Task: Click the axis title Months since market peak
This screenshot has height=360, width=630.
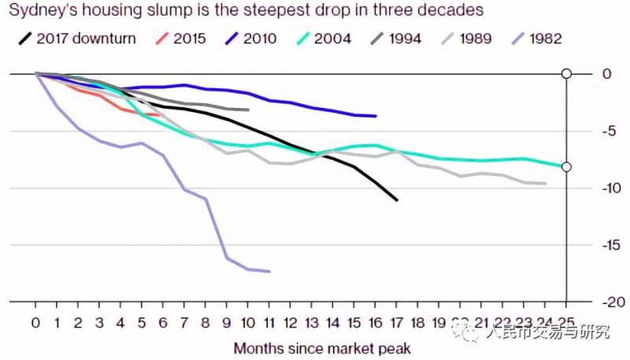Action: click(x=321, y=347)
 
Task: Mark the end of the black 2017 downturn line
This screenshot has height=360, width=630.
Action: click(x=397, y=200)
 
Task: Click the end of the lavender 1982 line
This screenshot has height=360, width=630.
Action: click(x=269, y=271)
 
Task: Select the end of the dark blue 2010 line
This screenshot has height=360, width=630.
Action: click(x=376, y=116)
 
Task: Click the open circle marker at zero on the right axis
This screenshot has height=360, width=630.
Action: click(x=565, y=74)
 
